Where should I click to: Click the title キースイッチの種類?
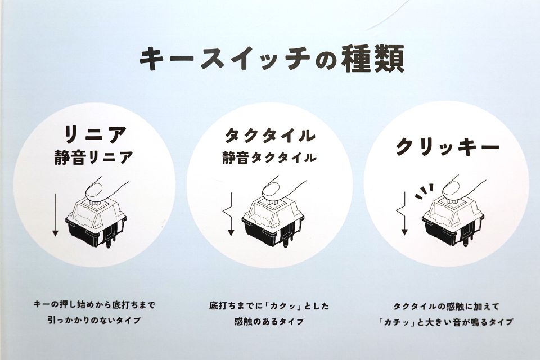coord(271,60)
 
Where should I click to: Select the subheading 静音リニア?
coord(94,157)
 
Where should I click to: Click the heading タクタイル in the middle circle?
coord(270,135)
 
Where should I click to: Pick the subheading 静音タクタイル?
coord(269,157)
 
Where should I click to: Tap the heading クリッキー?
coord(448,147)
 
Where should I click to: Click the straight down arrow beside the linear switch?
coord(55,215)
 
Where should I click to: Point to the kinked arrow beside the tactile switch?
coord(229,214)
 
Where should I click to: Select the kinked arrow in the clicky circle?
coord(403,214)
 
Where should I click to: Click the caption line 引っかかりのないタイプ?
coord(94,320)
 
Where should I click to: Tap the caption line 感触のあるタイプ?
coord(269,321)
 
